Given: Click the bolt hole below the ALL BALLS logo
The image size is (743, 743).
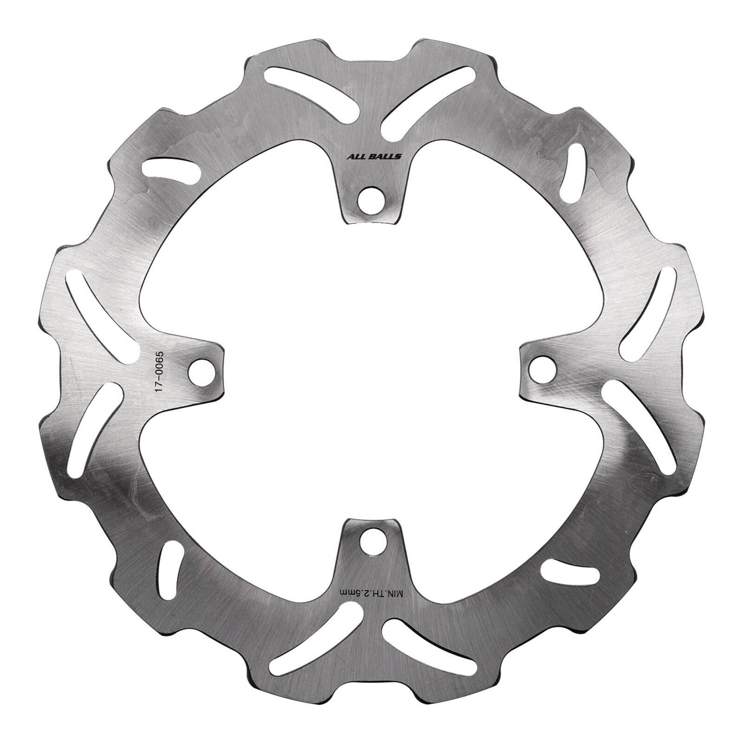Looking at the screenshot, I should tap(372, 196).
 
